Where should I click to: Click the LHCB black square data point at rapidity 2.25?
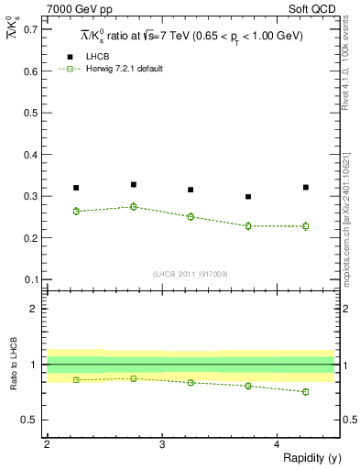pos(76,188)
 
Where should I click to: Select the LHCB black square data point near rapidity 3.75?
pos(248,196)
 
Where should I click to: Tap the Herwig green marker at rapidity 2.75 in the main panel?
pos(134,207)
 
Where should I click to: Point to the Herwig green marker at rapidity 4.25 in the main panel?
pos(306,225)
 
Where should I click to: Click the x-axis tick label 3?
pos(162,444)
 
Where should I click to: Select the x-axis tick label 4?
pos(278,444)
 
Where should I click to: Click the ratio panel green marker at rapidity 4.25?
pos(306,392)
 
